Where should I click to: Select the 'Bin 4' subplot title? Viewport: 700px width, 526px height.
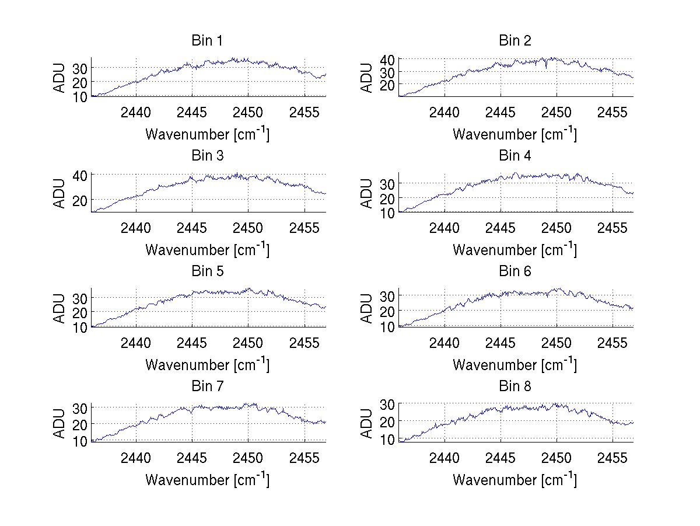[x=514, y=156]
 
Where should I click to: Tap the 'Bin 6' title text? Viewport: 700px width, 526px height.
[x=514, y=271]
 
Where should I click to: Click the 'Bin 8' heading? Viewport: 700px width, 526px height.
[x=514, y=386]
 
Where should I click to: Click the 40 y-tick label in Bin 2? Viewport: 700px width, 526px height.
[x=387, y=59]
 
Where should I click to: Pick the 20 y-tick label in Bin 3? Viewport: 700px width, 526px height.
[x=80, y=200]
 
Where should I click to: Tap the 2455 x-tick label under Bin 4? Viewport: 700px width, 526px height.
[x=612, y=227]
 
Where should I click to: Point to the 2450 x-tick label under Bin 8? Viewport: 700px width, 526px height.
[x=556, y=457]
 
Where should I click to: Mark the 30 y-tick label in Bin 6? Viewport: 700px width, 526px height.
[x=387, y=295]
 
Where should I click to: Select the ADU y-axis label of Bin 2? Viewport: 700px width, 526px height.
[x=367, y=77]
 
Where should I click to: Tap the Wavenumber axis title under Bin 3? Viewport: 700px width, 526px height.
[x=207, y=249]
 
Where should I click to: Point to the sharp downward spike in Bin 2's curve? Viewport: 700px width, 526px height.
[x=546, y=68]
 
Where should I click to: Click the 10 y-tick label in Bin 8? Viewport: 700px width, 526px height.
[x=387, y=439]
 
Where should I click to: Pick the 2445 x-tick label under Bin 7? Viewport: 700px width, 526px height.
[x=192, y=457]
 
